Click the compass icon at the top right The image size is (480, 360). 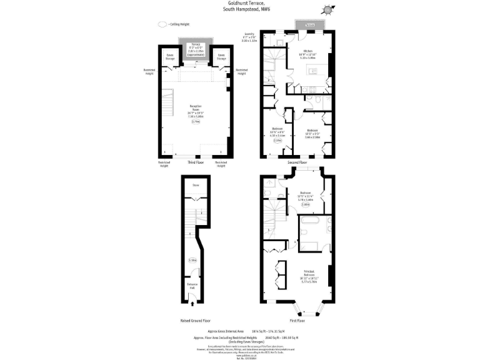[x=327, y=9]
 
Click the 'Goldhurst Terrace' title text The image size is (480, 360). [x=239, y=3]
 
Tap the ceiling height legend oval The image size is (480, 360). [x=162, y=24]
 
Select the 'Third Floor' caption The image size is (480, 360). [x=196, y=162]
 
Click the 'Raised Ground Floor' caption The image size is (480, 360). [x=195, y=320]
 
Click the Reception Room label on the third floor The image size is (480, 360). [x=196, y=110]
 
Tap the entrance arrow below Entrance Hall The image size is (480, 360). [x=192, y=304]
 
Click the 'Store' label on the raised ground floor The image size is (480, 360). [x=196, y=186]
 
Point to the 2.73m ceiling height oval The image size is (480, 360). [x=196, y=122]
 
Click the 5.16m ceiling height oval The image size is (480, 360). [x=192, y=260]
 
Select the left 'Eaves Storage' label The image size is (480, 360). [x=170, y=56]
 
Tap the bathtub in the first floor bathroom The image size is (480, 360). [x=309, y=221]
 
